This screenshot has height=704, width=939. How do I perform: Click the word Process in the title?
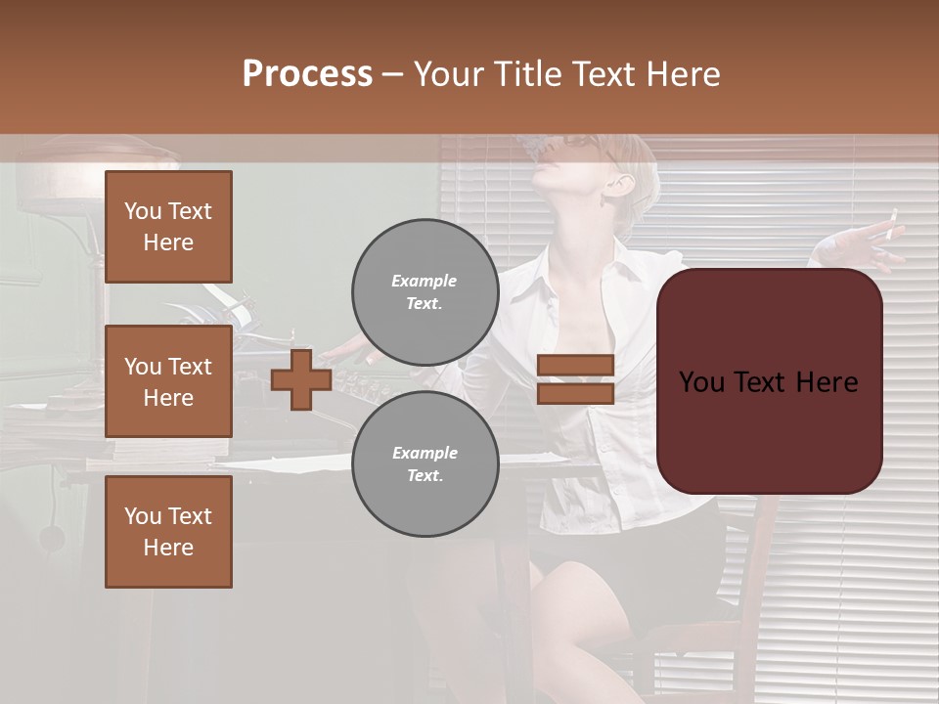[x=307, y=74]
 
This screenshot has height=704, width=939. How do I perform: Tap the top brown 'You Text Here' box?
[x=168, y=227]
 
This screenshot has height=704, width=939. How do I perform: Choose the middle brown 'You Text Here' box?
[x=168, y=381]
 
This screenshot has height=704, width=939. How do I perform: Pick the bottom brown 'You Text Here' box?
[x=168, y=531]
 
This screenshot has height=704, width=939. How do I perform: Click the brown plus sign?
[x=301, y=379]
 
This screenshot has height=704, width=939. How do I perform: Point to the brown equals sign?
[x=575, y=379]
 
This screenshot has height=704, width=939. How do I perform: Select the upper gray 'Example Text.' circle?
[x=425, y=291]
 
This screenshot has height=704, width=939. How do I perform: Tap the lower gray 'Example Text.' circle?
[x=425, y=463]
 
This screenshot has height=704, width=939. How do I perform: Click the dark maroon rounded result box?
[x=769, y=381]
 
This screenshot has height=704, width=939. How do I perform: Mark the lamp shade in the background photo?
[x=93, y=161]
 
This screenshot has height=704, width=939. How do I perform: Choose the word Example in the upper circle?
[x=425, y=281]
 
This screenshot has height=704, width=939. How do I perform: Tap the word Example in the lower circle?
[x=425, y=453]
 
